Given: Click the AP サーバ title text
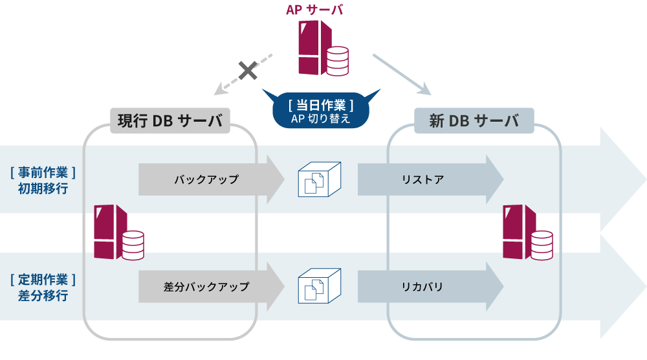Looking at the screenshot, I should [x=314, y=10].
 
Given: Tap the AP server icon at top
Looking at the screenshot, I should [x=322, y=49].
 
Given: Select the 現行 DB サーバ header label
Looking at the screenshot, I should [x=170, y=120].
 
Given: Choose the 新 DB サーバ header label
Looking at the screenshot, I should [x=474, y=120].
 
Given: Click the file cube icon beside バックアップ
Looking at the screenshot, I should [x=318, y=179].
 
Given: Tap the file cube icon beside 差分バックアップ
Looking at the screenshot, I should [x=318, y=286].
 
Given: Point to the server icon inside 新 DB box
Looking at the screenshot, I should [x=527, y=232].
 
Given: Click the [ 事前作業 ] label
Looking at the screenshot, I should [x=43, y=172].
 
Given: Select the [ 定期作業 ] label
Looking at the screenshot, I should [x=43, y=280].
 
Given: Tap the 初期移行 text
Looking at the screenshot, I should [x=43, y=189].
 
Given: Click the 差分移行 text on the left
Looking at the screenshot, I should [x=43, y=296].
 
